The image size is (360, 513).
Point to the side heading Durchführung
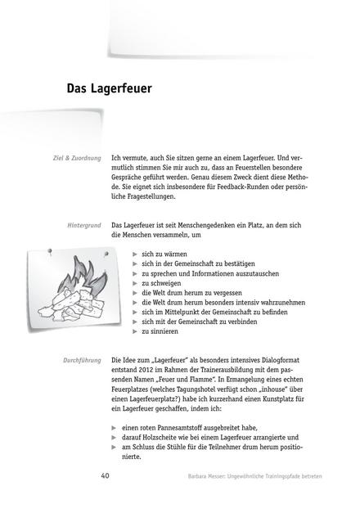tap(82, 360)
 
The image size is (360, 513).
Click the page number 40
tap(106, 475)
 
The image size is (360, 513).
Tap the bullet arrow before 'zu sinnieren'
tap(136, 331)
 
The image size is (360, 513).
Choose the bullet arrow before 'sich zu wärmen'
tap(136, 254)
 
